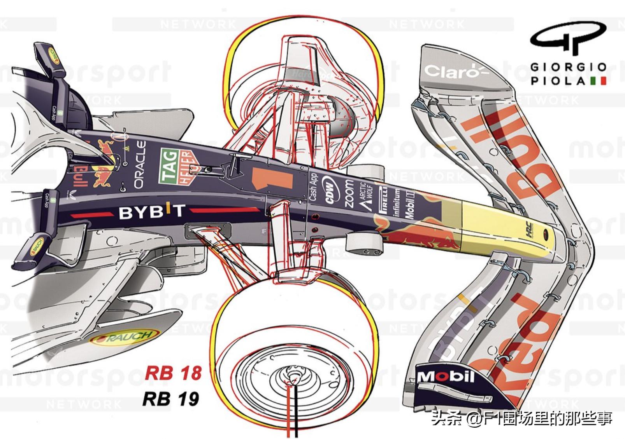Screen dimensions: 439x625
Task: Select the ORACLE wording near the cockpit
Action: point(140,165)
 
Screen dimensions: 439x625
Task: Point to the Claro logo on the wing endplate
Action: point(451,72)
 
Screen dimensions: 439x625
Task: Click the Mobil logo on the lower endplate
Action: point(445,376)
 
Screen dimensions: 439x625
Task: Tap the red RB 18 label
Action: point(173,373)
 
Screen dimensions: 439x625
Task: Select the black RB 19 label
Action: point(171,399)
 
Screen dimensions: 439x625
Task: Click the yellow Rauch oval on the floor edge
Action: point(124,337)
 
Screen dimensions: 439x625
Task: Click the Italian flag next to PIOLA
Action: point(599,81)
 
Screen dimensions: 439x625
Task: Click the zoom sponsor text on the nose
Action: point(349,193)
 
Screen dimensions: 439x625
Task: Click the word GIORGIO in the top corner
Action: point(568,67)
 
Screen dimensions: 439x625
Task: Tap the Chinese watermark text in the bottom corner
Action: point(521,418)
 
